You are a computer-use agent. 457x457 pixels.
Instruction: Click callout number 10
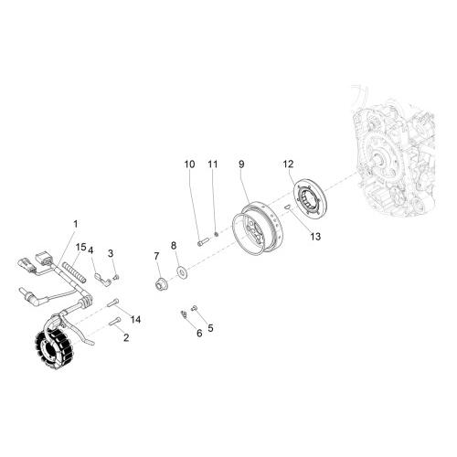[x=189, y=165]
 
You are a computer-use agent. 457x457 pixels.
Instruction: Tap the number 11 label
[x=213, y=165]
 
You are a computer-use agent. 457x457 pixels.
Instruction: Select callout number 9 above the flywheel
[x=241, y=165]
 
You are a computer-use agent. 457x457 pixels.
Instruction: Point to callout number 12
[x=288, y=164]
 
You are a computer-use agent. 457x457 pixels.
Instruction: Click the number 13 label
[x=315, y=237]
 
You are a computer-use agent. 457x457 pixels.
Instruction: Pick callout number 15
[x=81, y=247]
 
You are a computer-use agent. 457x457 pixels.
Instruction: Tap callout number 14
[x=135, y=319]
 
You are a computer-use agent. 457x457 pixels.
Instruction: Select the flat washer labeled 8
[x=182, y=271]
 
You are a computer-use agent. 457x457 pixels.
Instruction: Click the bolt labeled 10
[x=203, y=242]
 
